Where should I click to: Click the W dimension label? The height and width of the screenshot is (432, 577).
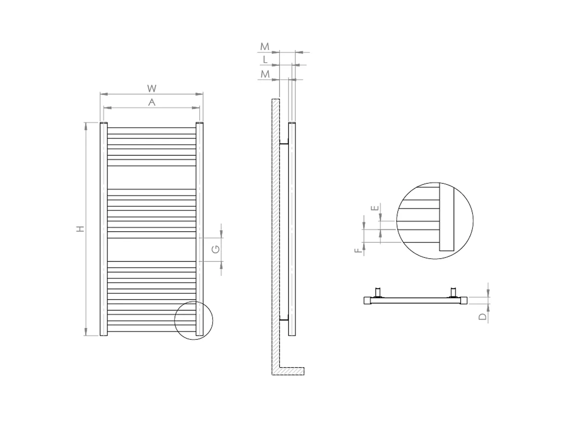click(x=151, y=88)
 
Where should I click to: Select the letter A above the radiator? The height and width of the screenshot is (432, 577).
click(x=151, y=102)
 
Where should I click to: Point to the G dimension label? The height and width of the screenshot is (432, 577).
click(x=216, y=249)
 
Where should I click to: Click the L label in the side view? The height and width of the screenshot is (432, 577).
click(x=265, y=60)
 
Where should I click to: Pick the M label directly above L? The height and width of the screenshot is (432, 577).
click(x=265, y=47)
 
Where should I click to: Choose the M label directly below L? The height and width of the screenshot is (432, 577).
click(x=265, y=74)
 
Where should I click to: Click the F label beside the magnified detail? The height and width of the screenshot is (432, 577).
click(x=357, y=251)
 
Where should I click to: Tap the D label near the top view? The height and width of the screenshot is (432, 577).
click(x=484, y=316)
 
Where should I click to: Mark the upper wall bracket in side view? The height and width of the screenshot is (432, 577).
click(x=284, y=143)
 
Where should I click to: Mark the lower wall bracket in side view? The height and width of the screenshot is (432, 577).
click(x=284, y=319)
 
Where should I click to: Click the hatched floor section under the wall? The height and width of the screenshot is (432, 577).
click(x=291, y=371)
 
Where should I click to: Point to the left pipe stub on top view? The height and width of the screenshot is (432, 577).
click(x=378, y=292)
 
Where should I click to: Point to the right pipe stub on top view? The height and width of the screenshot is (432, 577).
click(x=453, y=292)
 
